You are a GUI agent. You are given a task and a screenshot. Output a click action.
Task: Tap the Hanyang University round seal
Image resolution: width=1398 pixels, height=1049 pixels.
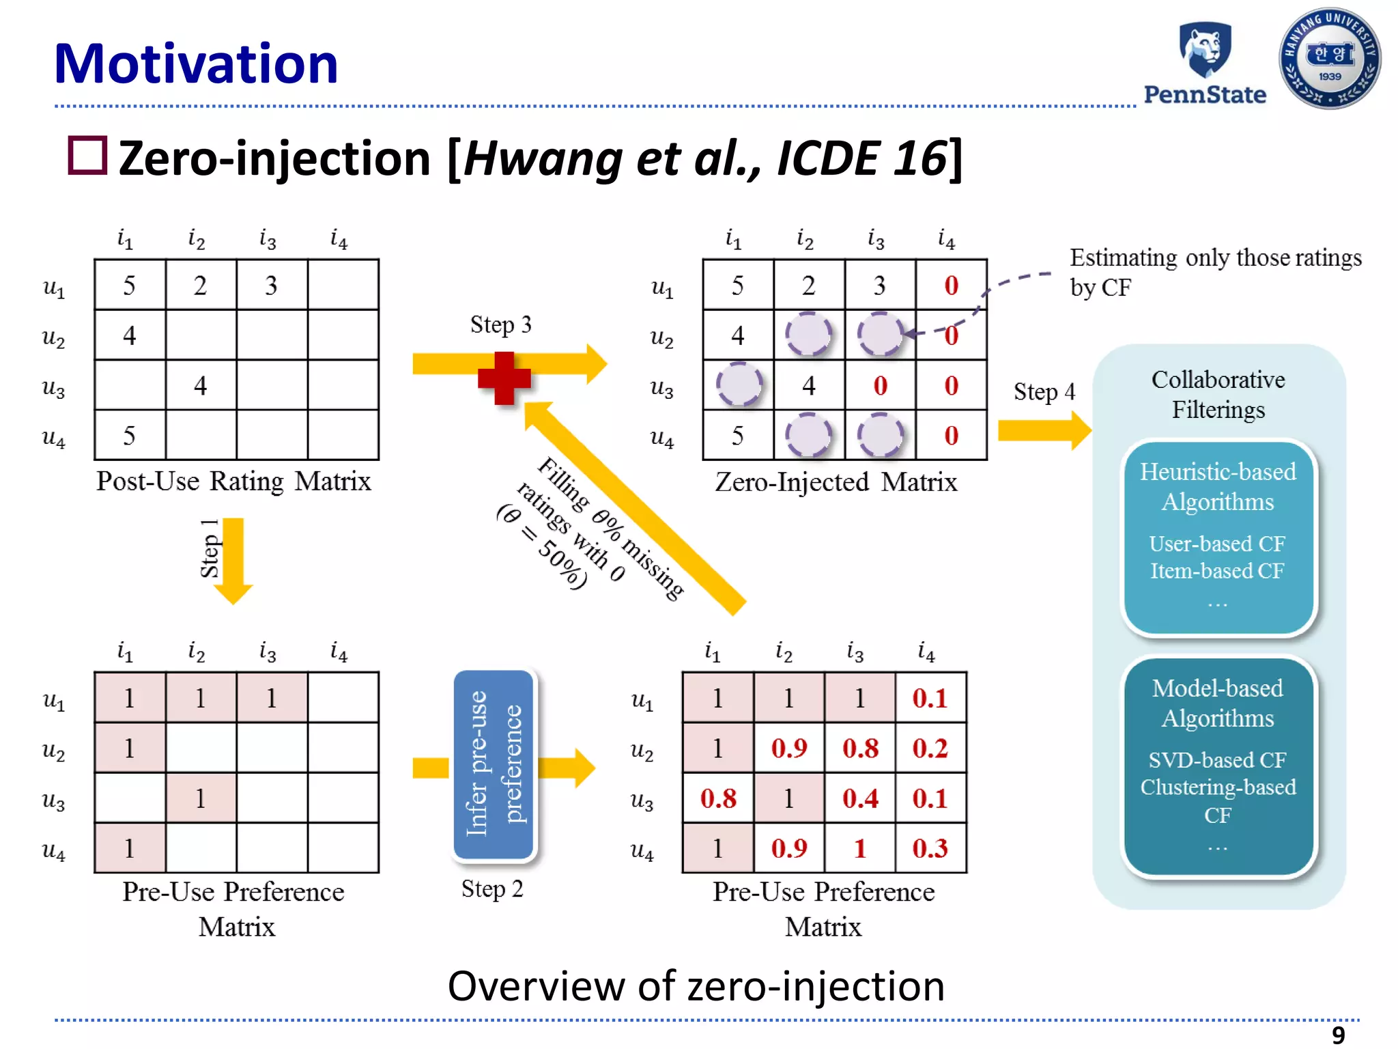pos(1329,59)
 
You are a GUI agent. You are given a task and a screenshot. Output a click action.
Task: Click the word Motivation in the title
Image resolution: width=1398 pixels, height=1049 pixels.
pos(196,64)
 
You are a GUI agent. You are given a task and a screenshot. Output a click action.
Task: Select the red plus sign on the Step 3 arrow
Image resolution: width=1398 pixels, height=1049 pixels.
pos(504,378)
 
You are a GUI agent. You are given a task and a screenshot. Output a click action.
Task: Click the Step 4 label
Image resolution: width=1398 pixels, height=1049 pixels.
pos(1043,392)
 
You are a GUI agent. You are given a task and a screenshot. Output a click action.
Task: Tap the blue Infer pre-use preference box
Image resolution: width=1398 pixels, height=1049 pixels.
pos(494,764)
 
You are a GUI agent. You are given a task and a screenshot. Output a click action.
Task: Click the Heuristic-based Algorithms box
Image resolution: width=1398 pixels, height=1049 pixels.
pos(1218,537)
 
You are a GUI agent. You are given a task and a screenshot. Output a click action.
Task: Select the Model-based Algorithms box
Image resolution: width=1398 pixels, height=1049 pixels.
pos(1218,766)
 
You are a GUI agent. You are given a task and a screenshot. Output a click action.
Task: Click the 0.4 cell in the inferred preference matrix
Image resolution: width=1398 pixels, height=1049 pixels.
pos(859,798)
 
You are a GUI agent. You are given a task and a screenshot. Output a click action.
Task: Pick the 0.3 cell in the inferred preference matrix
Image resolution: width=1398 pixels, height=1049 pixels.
pos(930,848)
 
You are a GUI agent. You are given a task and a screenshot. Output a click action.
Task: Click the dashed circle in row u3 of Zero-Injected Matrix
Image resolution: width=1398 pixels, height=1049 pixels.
pos(738,385)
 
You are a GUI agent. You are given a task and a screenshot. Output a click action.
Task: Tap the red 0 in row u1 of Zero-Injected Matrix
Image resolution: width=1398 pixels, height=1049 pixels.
pos(951,285)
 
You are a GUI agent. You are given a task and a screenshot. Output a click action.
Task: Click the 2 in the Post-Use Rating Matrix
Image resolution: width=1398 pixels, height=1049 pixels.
pos(200,285)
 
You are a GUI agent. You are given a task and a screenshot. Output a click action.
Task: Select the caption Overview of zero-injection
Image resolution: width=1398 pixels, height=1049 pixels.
pos(696,986)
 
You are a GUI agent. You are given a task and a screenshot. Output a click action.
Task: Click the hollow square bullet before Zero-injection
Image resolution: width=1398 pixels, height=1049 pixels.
pos(87,156)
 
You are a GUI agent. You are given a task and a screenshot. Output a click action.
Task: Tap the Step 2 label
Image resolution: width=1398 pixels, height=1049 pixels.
pos(491,889)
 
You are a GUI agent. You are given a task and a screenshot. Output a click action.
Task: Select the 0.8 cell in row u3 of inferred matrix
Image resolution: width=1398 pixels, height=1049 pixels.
pos(718,798)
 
